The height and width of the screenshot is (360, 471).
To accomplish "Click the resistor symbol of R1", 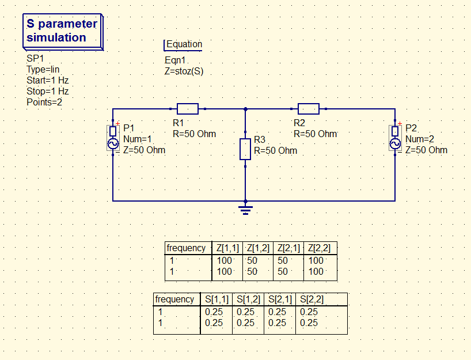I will [x=188, y=109].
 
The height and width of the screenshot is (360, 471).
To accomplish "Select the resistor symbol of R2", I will [x=309, y=109].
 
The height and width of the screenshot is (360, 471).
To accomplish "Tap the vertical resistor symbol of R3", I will [x=245, y=149].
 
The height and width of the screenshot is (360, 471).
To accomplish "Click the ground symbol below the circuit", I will [x=246, y=208].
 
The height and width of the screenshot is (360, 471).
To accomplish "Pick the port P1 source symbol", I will [x=112, y=138].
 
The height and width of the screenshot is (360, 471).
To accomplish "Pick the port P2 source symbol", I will [x=395, y=138].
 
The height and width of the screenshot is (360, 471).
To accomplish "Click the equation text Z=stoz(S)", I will [x=184, y=71].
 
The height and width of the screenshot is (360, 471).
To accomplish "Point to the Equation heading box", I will [x=184, y=44].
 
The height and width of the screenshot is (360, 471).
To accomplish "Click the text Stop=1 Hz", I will [x=47, y=91].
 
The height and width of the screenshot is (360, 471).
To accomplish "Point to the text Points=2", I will [x=44, y=102].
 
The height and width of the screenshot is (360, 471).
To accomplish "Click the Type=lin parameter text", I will [x=43, y=69].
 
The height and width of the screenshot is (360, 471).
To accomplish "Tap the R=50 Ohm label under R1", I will [x=194, y=134].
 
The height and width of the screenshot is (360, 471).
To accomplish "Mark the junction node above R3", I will [x=246, y=109].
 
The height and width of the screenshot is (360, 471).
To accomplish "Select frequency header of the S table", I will [x=174, y=299].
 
